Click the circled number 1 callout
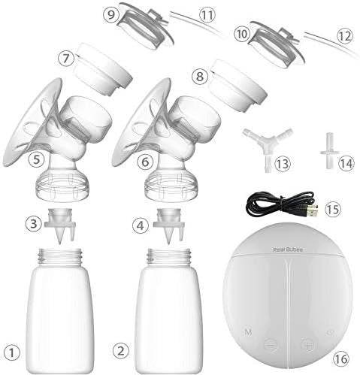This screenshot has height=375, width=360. pyautogui.click(x=11, y=349)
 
